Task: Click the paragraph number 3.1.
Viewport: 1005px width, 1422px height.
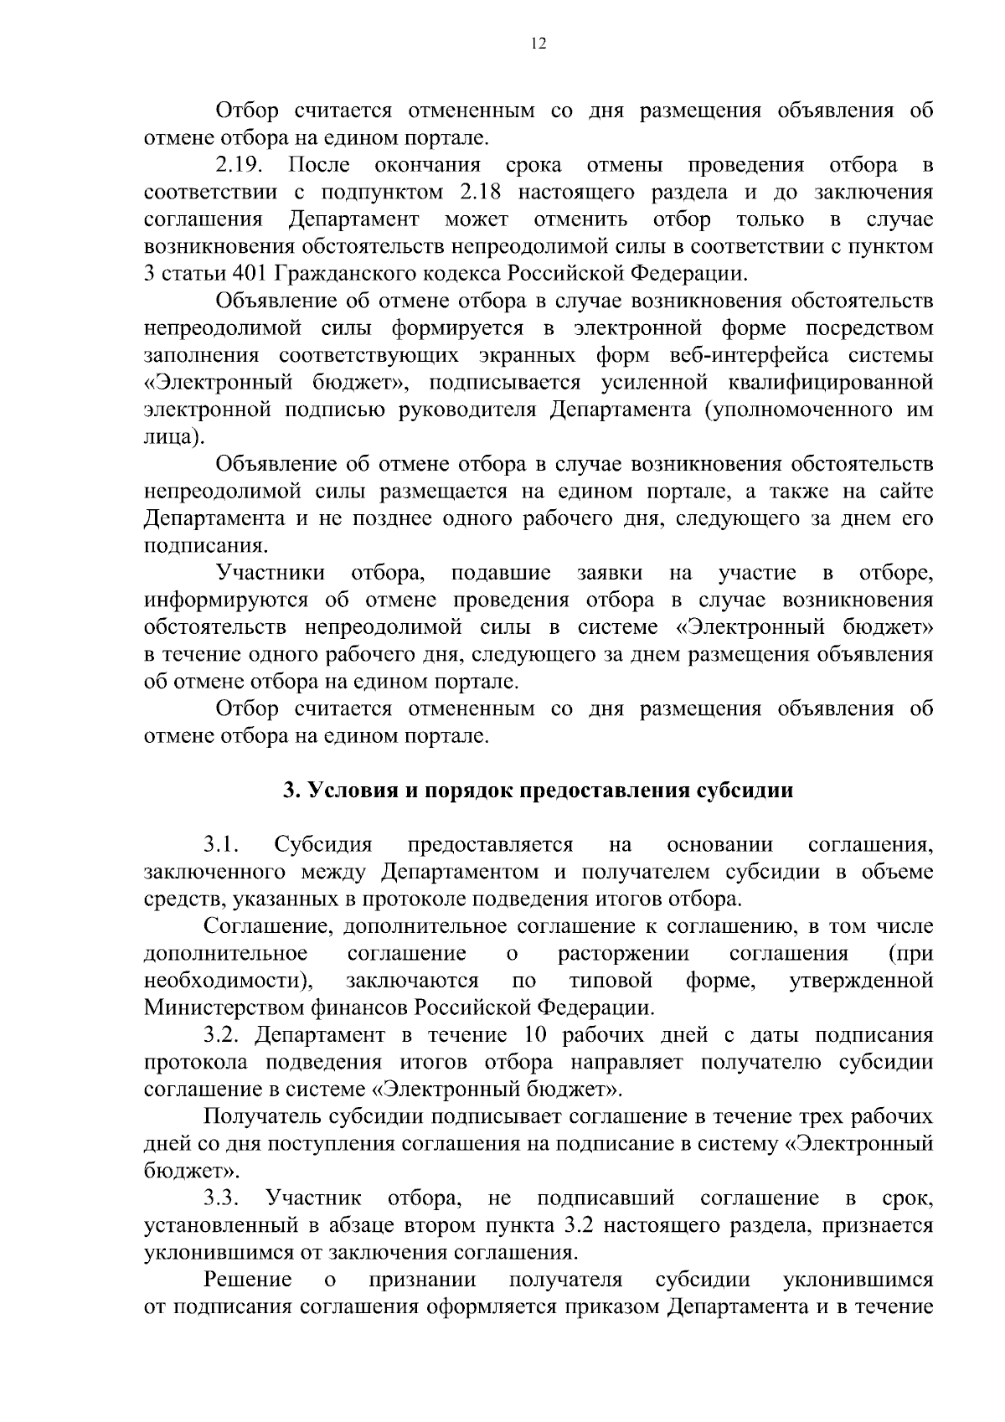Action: click(222, 844)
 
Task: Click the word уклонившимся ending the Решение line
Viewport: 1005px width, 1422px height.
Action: click(858, 1280)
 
